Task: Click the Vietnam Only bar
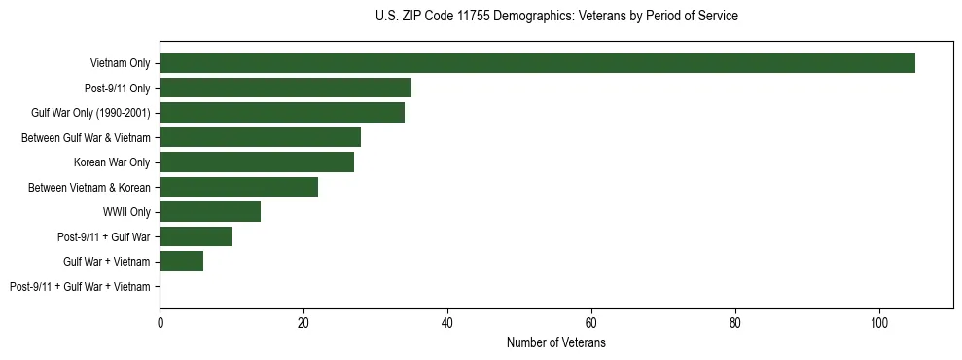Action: (537, 63)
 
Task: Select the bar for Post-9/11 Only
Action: (285, 88)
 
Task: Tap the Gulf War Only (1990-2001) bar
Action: (282, 113)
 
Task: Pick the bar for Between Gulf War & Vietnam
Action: (260, 137)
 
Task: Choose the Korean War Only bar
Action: (257, 162)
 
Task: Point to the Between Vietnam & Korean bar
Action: (238, 187)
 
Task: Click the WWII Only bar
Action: (210, 212)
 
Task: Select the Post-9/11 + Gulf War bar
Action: (196, 236)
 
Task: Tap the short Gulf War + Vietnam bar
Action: (181, 262)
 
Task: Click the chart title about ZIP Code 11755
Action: (556, 17)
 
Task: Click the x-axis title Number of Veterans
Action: (556, 343)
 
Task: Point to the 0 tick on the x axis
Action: (160, 322)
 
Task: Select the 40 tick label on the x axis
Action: (447, 322)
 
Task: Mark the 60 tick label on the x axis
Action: (591, 322)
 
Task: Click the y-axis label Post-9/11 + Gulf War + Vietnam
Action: (80, 287)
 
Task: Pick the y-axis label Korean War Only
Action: (112, 162)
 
